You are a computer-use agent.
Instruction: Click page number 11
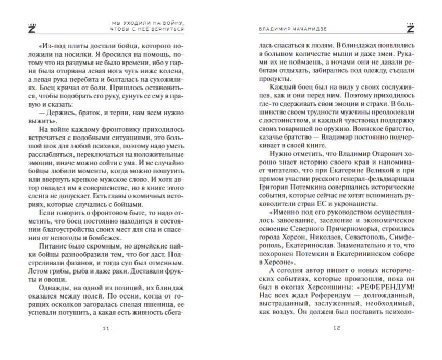click(106, 328)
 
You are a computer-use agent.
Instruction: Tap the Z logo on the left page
click(30, 28)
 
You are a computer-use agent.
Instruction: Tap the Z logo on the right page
click(409, 28)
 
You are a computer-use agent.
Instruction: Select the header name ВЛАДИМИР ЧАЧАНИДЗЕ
click(291, 29)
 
